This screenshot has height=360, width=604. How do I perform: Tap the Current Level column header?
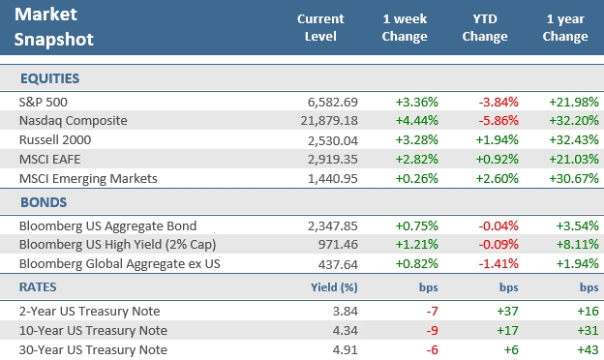(320, 28)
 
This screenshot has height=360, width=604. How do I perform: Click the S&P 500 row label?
(44, 102)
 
